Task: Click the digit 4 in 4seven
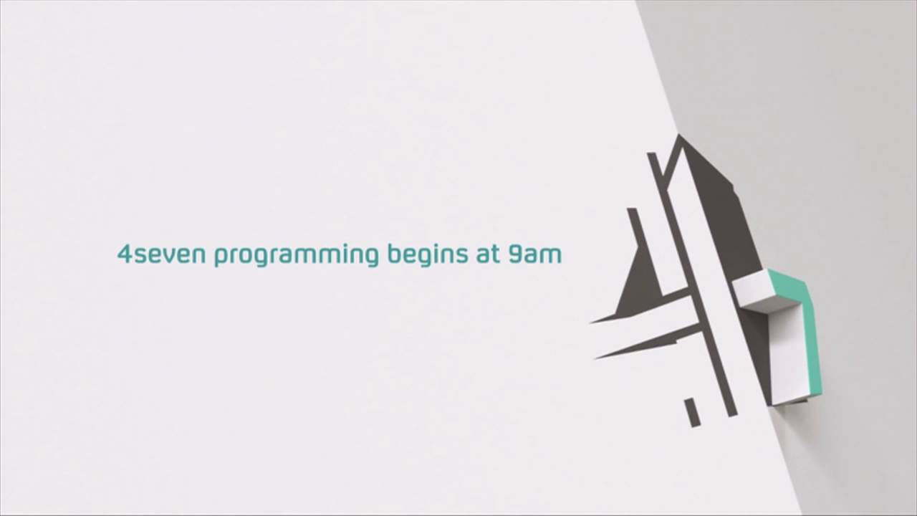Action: pyautogui.click(x=125, y=254)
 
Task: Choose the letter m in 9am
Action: pyautogui.click(x=550, y=255)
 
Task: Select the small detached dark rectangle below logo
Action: pyautogui.click(x=692, y=412)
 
